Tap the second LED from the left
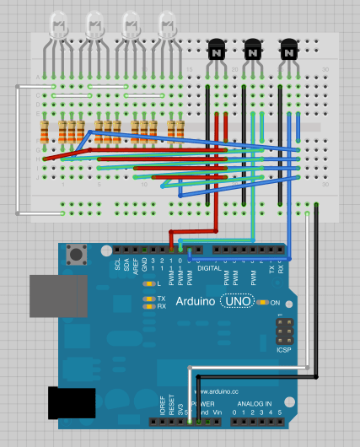point(94,25)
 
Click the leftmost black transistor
point(215,50)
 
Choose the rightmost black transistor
point(289,50)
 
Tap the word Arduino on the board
point(196,301)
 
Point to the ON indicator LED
point(264,302)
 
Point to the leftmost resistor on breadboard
point(45,132)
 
